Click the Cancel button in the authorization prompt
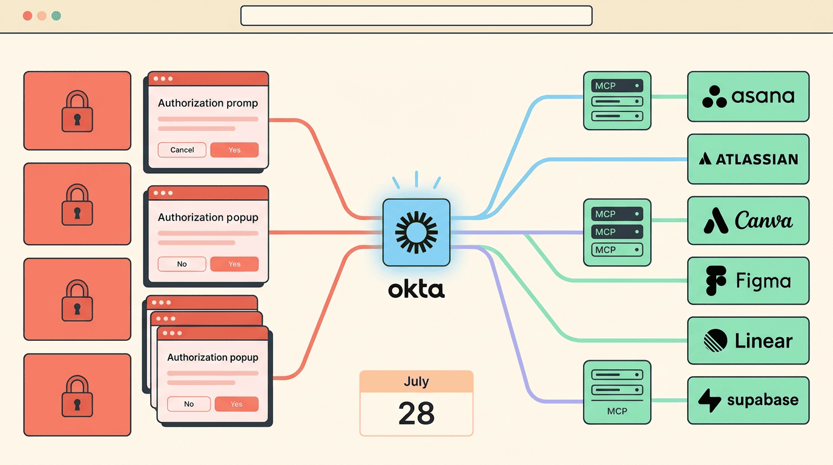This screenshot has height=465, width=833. pos(182,150)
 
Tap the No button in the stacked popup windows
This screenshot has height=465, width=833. pos(189,404)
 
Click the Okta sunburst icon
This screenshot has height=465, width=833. pos(416,232)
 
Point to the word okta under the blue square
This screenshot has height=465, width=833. pos(416,289)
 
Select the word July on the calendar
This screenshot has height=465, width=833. pos(416,381)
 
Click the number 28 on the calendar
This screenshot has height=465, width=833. pos(416,414)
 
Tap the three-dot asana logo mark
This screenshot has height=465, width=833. pos(714,97)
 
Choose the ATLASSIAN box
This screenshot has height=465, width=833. pos(748,159)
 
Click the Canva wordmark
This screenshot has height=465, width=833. pos(763,220)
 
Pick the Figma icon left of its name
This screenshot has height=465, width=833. pos(716,281)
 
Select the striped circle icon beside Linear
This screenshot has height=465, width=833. pos(716,340)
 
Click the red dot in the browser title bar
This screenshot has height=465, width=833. pos(27,16)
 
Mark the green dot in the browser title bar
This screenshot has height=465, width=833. pos(56,16)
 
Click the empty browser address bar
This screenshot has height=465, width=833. pos(416,16)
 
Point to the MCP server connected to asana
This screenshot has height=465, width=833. pos(617,101)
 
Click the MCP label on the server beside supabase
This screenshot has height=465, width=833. pos(617,411)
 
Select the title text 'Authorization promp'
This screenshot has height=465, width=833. pos(208,103)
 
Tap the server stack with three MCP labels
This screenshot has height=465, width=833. pos(617,232)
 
